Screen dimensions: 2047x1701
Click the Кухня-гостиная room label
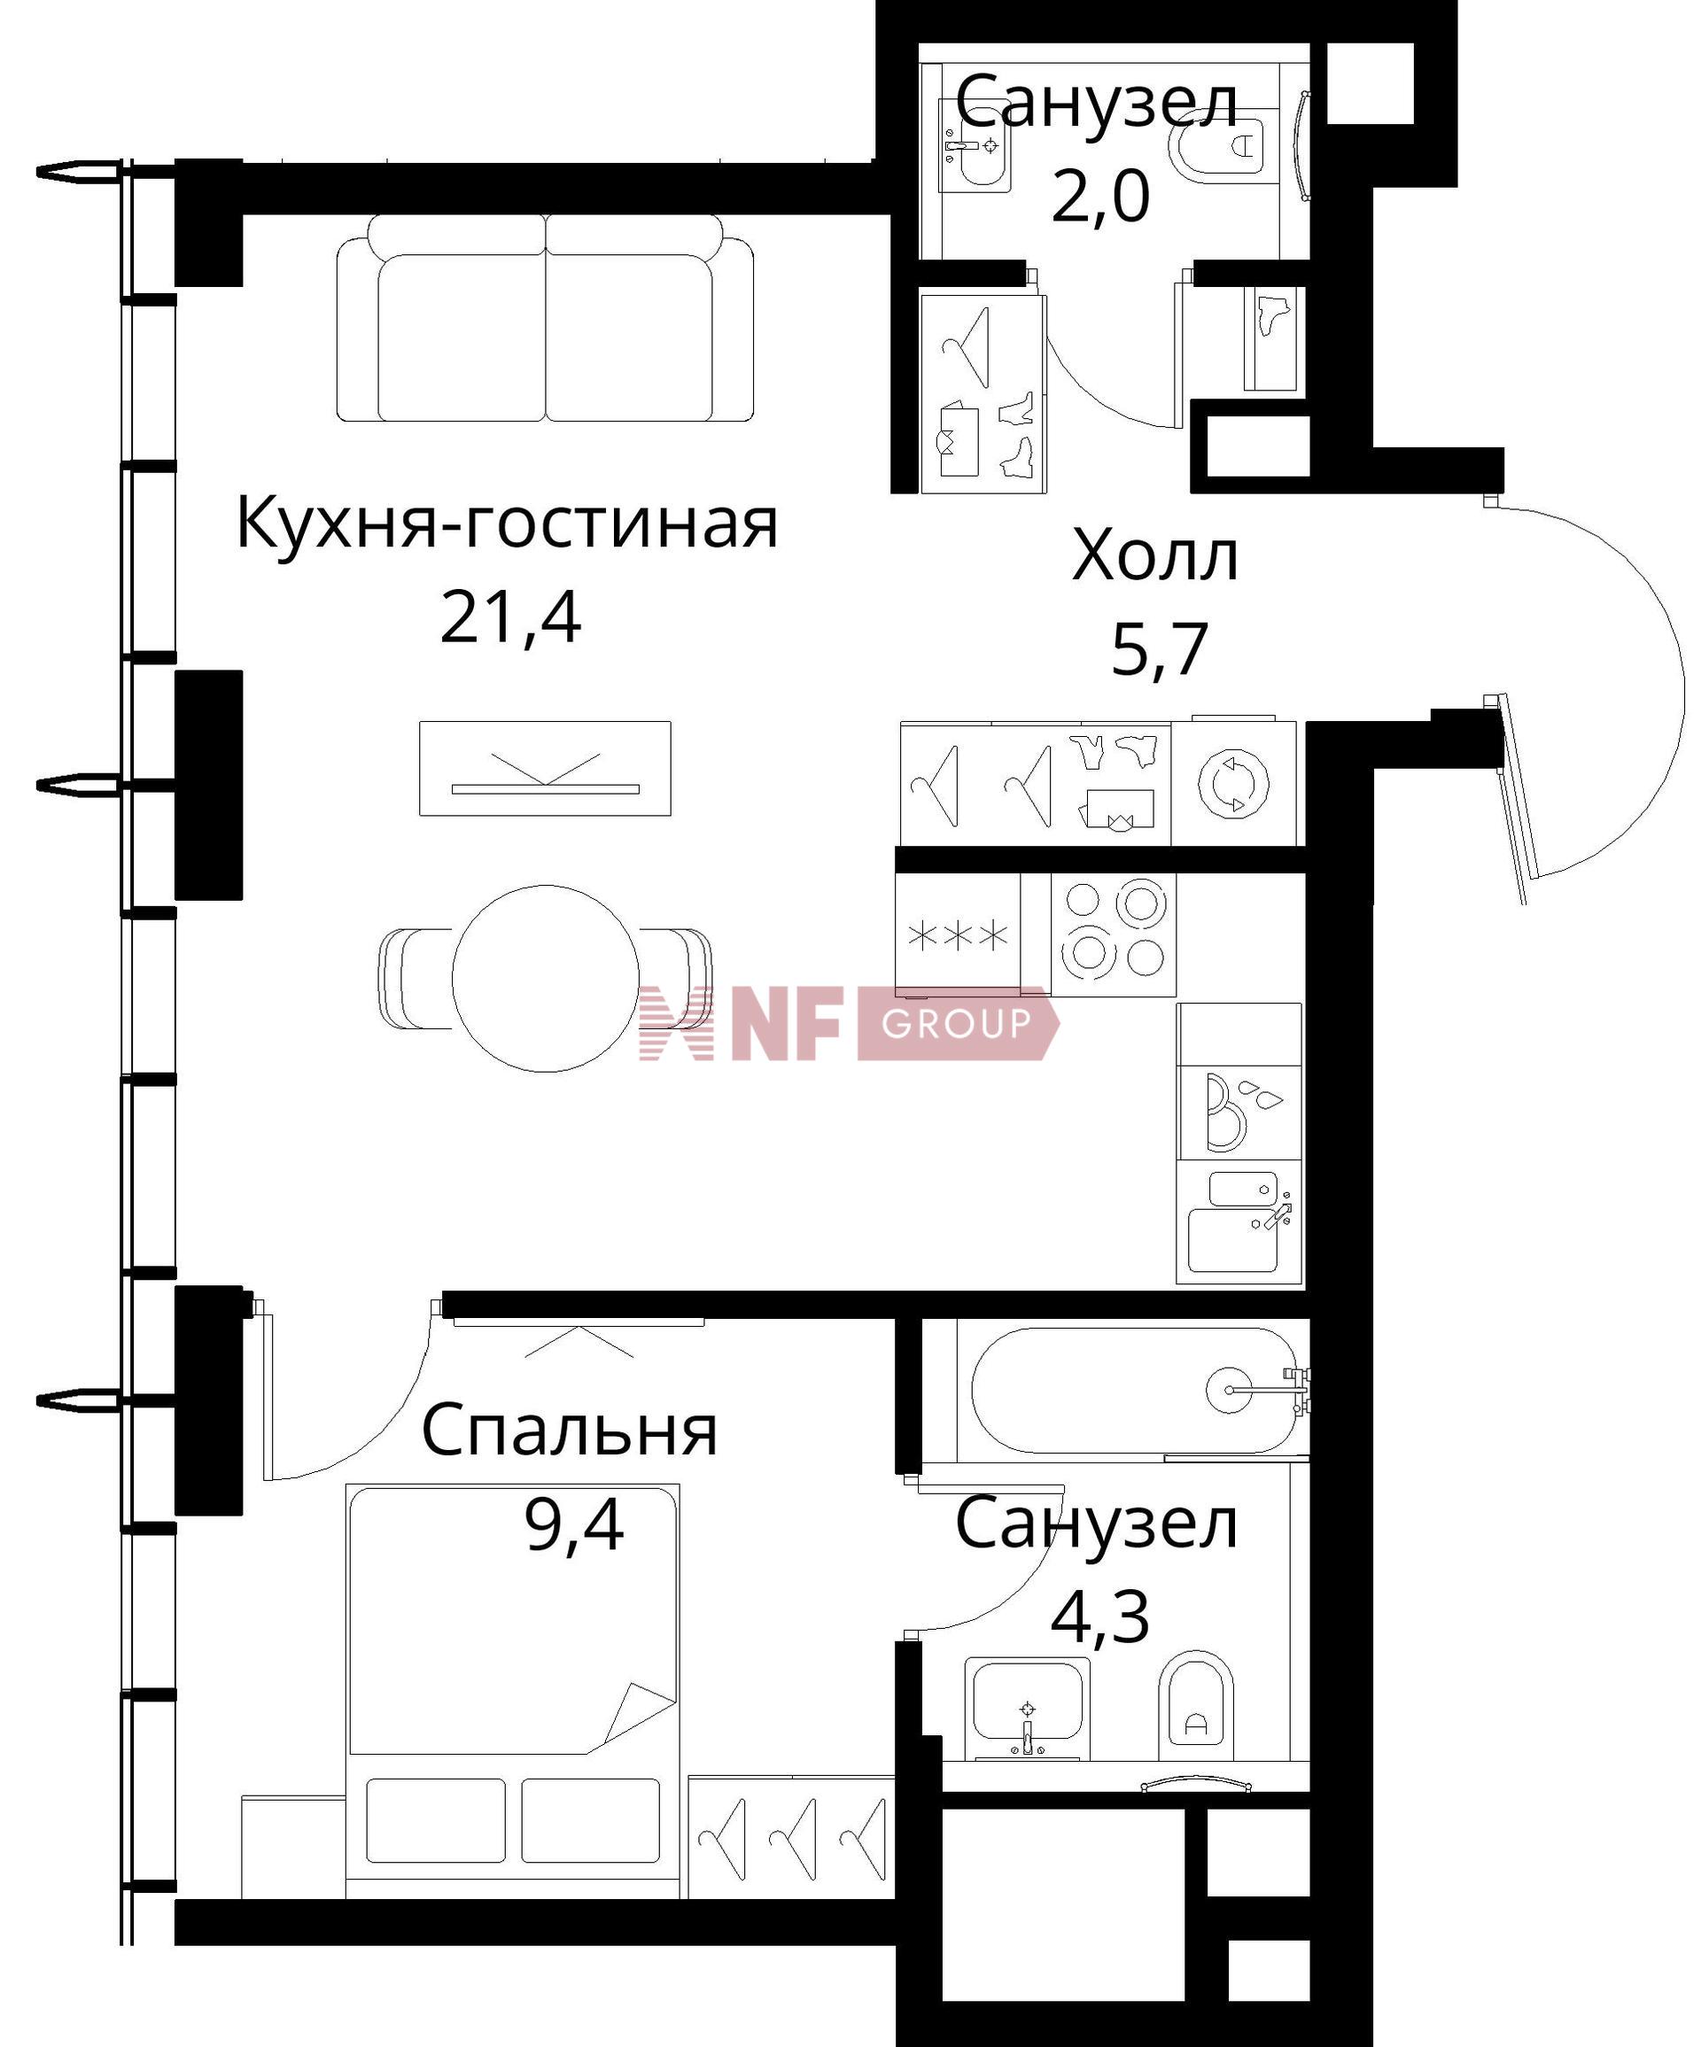pos(507,524)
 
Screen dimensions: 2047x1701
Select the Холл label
pos(1155,556)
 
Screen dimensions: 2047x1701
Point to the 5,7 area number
pos(1159,649)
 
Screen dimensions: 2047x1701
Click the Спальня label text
pos(570,1431)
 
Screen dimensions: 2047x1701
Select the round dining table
pos(545,979)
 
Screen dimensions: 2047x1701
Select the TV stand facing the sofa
pos(545,769)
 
